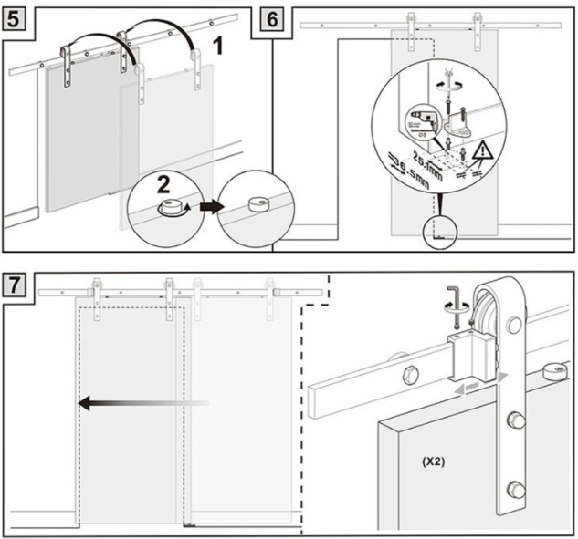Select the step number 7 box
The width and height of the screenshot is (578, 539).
pos(16,283)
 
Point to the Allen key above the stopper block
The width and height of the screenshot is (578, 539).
pos(456,311)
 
